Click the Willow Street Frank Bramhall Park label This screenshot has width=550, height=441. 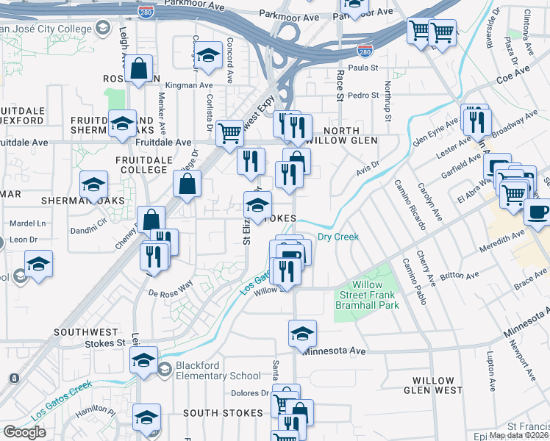[x=368, y=295]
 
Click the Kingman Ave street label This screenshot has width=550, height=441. [x=189, y=85]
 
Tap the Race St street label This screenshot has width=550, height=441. [x=340, y=85]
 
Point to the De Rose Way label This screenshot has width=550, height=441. [x=170, y=292]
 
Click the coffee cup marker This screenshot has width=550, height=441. [x=537, y=212]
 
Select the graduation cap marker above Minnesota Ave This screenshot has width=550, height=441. [x=302, y=334]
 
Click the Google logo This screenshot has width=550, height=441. [x=25, y=432]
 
